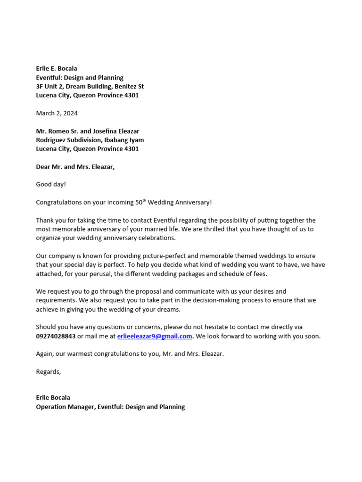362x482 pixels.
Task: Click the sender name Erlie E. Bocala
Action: coord(57,69)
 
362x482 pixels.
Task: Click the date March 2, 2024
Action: coord(57,113)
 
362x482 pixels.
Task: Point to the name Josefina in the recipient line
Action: coord(106,131)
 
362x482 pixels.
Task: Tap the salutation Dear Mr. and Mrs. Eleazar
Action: coord(75,167)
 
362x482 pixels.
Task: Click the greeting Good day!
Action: coord(51,185)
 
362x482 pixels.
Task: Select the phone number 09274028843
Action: coord(56,337)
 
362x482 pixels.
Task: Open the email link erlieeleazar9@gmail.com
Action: coord(155,337)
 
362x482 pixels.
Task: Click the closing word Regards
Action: coord(49,372)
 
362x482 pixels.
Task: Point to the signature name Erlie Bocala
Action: coord(53,398)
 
